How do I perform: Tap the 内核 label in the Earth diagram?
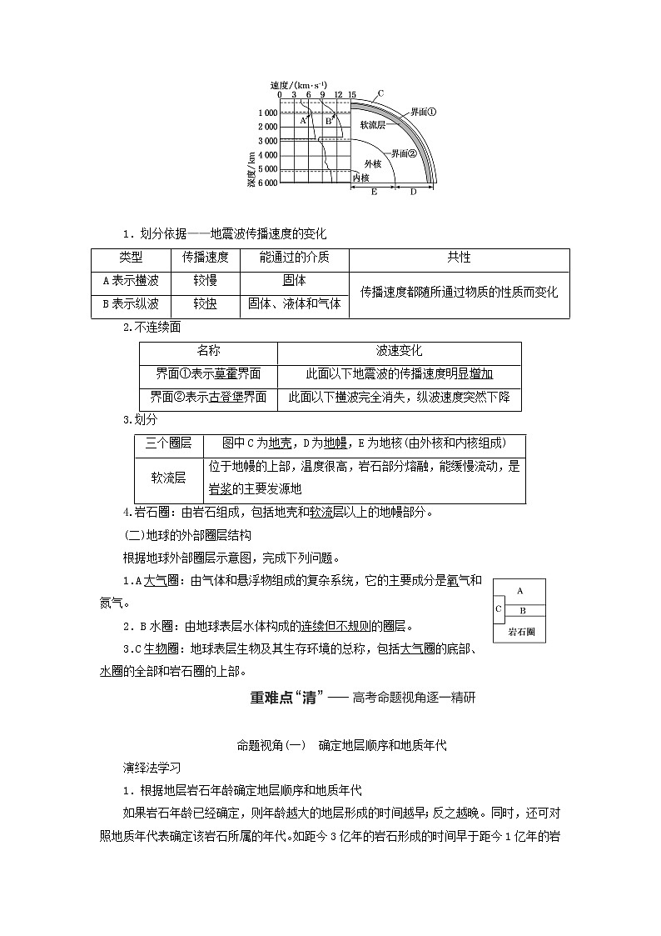tap(360, 178)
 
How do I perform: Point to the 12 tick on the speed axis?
tap(337, 95)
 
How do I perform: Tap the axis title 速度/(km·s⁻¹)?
tap(299, 85)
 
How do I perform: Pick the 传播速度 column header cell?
tap(206, 258)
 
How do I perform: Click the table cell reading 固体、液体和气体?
tap(295, 304)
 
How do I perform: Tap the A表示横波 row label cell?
tap(131, 281)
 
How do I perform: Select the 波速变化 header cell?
tap(399, 351)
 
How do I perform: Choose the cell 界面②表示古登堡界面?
tap(208, 398)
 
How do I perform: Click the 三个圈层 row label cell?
tap(168, 444)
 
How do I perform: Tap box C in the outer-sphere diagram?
tap(498, 608)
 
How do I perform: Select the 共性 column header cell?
tap(459, 258)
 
